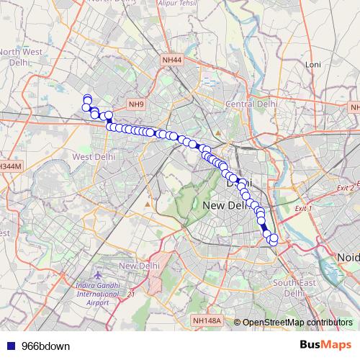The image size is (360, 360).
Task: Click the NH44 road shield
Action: point(172,60)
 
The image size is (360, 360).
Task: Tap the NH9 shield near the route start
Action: point(137,104)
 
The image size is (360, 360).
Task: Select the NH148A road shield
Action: point(207,320)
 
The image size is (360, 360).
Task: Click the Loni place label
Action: point(312,65)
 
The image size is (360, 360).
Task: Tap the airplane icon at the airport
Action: point(99,276)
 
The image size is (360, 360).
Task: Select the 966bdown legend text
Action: point(46,346)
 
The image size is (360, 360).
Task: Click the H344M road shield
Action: point(11,166)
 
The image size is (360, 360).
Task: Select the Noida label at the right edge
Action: point(348,257)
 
